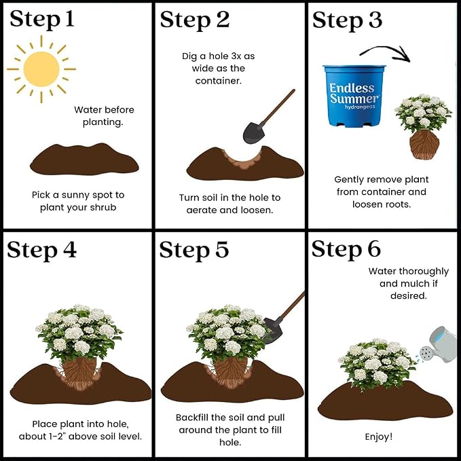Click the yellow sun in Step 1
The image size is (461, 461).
pyautogui.click(x=41, y=69)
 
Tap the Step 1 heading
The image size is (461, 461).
pyautogui.click(x=41, y=20)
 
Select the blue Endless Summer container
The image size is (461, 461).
pyautogui.click(x=354, y=96)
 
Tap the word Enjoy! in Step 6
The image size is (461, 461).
pyautogui.click(x=379, y=437)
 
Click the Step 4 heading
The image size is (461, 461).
pyautogui.click(x=41, y=250)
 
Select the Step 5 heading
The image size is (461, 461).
pyautogui.click(x=194, y=250)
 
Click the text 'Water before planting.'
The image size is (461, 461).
pyautogui.click(x=104, y=116)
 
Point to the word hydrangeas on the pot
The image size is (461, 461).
pyautogui.click(x=360, y=107)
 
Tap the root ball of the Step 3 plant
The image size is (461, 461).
pyautogui.click(x=424, y=145)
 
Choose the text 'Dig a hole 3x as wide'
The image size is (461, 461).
pyautogui.click(x=218, y=62)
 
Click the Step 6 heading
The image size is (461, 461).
pyautogui.click(x=346, y=249)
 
